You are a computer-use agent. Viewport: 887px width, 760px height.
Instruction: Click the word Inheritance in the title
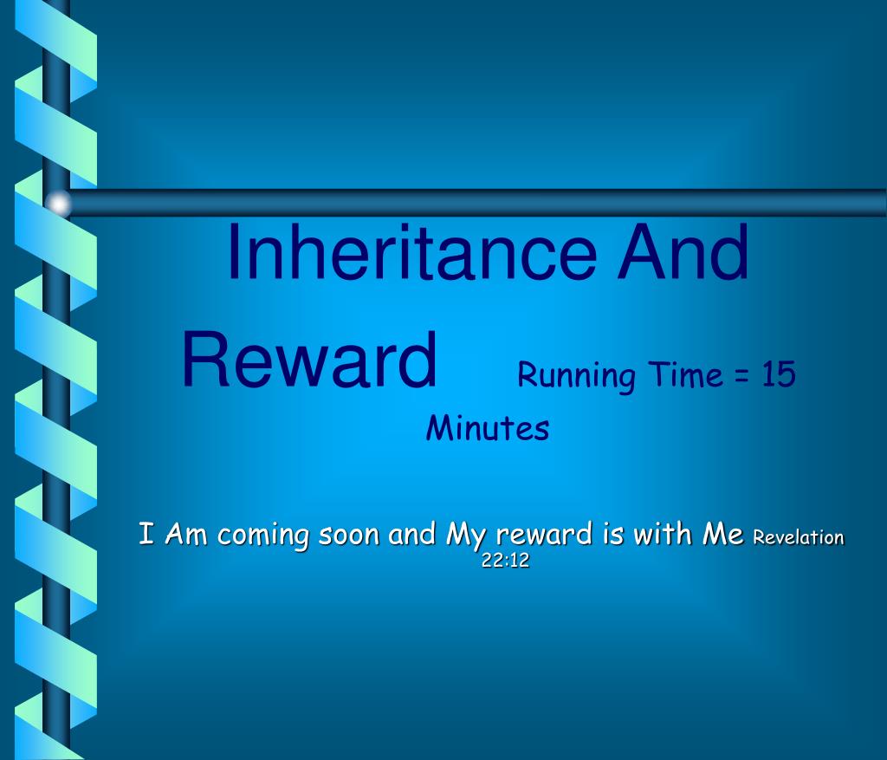pyautogui.click(x=411, y=252)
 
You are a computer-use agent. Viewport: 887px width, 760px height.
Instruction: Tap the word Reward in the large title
pyautogui.click(x=309, y=361)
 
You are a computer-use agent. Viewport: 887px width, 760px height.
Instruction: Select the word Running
pyautogui.click(x=576, y=376)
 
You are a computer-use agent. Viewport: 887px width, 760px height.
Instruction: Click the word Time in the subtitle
pyautogui.click(x=686, y=374)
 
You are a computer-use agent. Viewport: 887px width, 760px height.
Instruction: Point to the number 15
pyautogui.click(x=779, y=374)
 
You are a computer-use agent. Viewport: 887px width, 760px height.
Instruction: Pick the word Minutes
pyautogui.click(x=487, y=428)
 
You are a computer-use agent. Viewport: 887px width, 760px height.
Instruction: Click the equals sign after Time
pyautogui.click(x=742, y=376)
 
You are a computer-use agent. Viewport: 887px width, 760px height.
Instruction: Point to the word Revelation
pyautogui.click(x=798, y=537)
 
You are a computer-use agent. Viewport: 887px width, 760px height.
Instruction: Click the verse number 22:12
pyautogui.click(x=505, y=561)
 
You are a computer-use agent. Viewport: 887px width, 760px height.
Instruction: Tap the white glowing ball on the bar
pyautogui.click(x=58, y=203)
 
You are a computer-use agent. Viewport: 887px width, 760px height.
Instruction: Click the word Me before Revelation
pyautogui.click(x=722, y=535)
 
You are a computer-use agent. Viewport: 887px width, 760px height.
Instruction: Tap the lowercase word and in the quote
pyautogui.click(x=411, y=534)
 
